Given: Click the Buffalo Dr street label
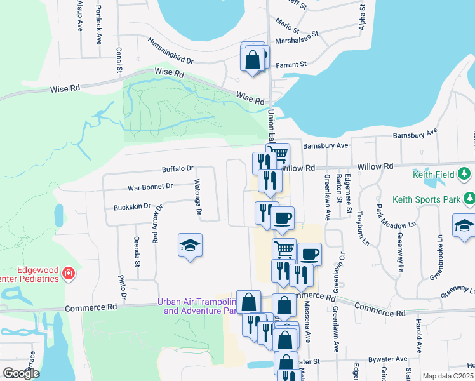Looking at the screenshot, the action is [178, 169].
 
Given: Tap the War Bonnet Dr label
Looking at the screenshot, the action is [151, 187].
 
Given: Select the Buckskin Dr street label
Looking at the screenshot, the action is [132, 206].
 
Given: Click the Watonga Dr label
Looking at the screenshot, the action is [198, 202].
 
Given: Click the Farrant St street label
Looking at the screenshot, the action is [290, 64].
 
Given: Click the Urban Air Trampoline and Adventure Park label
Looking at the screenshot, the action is [197, 307].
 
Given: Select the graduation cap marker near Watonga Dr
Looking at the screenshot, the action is [189, 247].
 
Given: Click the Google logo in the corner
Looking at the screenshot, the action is [20, 373].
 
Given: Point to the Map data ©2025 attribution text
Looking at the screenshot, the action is [448, 376].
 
